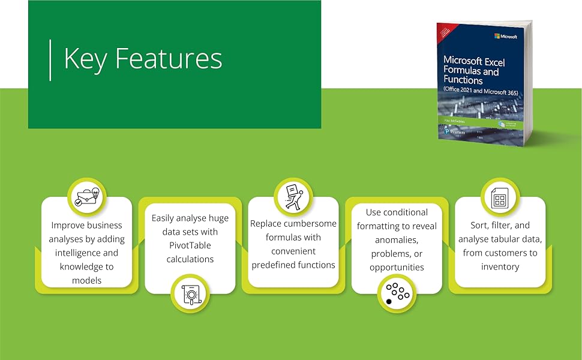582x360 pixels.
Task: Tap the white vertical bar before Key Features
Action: pyautogui.click(x=50, y=59)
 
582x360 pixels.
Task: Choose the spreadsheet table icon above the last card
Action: pyautogui.click(x=499, y=197)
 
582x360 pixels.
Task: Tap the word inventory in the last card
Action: pyautogui.click(x=500, y=266)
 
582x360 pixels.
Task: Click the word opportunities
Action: pyautogui.click(x=397, y=268)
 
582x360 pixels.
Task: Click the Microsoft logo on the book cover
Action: pyautogui.click(x=505, y=36)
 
